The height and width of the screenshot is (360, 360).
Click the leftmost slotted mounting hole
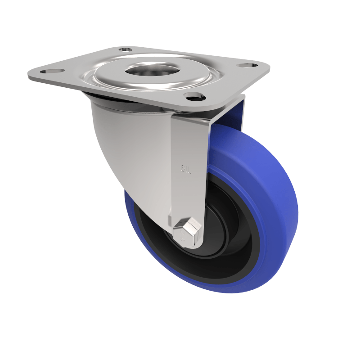click(x=47, y=71)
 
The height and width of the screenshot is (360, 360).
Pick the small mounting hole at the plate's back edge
click(x=126, y=49)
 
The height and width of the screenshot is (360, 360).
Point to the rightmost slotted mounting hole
click(x=245, y=66)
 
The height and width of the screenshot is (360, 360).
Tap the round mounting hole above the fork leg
click(x=194, y=96)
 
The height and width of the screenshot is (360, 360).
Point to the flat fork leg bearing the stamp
click(x=189, y=148)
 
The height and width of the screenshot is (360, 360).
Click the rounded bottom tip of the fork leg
click(x=189, y=245)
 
